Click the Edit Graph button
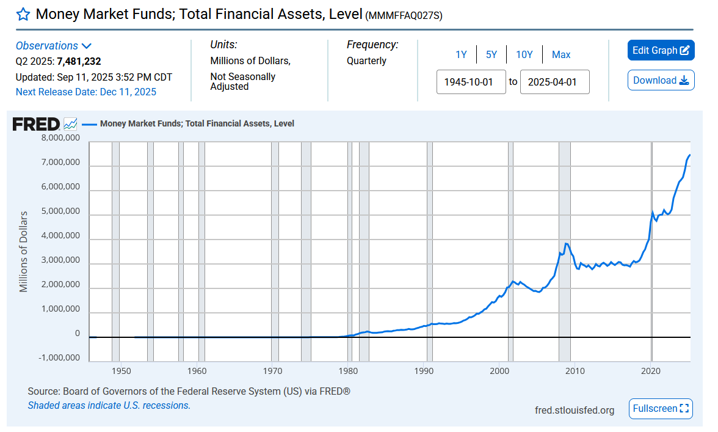[661, 50]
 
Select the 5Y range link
[491, 55]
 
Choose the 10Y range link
[524, 55]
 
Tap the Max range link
[561, 55]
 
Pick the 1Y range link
[461, 55]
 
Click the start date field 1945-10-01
[471, 82]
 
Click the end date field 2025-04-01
[554, 82]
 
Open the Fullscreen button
[661, 409]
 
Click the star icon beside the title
[23, 14]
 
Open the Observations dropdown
[54, 46]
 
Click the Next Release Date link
[86, 92]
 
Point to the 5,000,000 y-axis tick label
[60, 211]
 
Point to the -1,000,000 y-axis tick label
[59, 358]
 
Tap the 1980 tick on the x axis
[348, 371]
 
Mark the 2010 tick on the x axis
[575, 371]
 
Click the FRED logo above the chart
[36, 124]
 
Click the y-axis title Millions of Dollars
[23, 252]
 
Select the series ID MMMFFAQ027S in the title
[404, 16]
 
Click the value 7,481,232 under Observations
[79, 61]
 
